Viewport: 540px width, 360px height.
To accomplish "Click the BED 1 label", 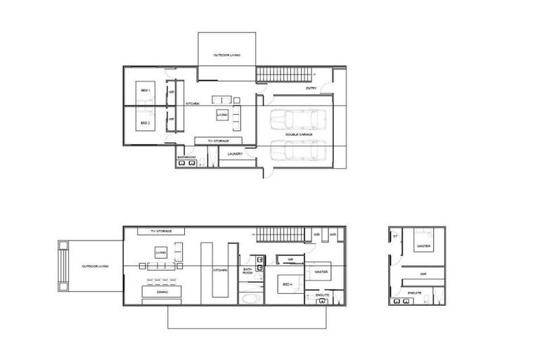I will tap(145, 91).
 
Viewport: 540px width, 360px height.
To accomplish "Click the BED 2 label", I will tap(145, 123).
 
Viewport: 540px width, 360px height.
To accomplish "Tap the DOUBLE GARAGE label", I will tap(299, 133).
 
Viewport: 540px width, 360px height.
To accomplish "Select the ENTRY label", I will tap(311, 89).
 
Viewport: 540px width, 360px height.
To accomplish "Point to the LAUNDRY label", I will tap(236, 153).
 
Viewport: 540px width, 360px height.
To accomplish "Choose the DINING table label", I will tap(162, 291).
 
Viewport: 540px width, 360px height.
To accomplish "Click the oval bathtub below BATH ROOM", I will tap(250, 297).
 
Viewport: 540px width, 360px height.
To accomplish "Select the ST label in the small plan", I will tap(395, 236).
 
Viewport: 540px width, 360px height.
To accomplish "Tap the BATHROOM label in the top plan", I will tap(186, 157).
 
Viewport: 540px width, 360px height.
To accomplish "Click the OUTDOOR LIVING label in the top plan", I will tap(224, 54).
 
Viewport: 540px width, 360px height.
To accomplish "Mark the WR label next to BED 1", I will tap(171, 91).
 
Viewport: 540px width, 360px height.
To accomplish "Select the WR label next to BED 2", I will tap(171, 120).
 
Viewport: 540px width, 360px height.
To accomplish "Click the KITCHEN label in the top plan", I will tap(193, 104).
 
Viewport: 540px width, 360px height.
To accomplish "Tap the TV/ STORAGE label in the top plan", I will tap(219, 141).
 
